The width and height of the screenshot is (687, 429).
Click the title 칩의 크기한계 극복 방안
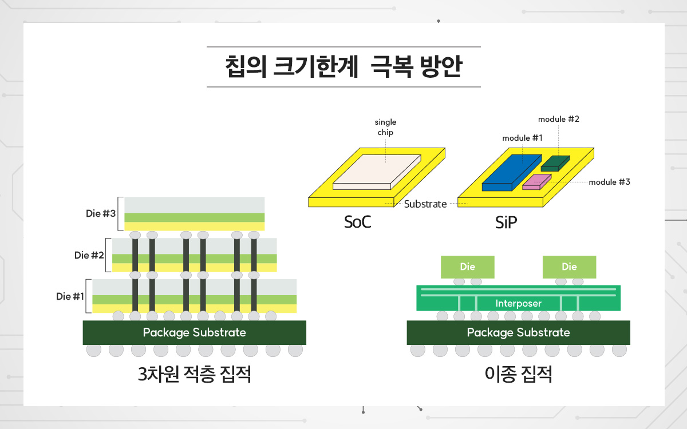[x=343, y=66]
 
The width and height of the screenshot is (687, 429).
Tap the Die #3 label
[x=101, y=213]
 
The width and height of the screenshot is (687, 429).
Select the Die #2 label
[x=89, y=255]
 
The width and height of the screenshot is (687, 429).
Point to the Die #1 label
[x=70, y=296]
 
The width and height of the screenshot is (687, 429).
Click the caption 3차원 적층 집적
[x=195, y=374]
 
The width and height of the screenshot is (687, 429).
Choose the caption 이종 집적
[x=518, y=374]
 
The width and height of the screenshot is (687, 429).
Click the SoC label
[x=358, y=222]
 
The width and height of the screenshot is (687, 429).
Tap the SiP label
[x=506, y=222]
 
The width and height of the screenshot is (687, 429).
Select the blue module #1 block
[x=512, y=172]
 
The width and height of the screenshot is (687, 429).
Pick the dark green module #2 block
[x=555, y=164]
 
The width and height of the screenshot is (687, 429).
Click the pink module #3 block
[x=537, y=182]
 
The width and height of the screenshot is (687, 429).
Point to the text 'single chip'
[x=385, y=127]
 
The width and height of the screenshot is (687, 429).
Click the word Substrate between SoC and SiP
[x=425, y=204]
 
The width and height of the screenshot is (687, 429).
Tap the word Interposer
[x=518, y=303]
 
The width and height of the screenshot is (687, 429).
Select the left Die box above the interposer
[x=467, y=267]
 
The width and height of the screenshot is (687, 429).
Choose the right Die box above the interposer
[x=569, y=267]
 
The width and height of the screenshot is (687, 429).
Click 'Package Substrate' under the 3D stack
[x=195, y=332]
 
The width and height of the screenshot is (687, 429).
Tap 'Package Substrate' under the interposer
[x=518, y=332]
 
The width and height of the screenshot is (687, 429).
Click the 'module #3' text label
[x=609, y=182]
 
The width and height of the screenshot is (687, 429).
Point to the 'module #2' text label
[x=559, y=119]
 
